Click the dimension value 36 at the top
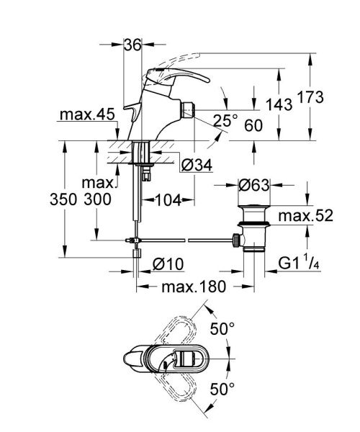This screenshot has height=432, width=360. [x=132, y=45]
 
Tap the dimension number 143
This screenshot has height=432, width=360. [x=278, y=104]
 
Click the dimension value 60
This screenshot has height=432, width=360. [x=253, y=125]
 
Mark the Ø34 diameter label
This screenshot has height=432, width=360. [x=197, y=166]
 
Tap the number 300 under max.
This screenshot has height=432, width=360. [x=97, y=199]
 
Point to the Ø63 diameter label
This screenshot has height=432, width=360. [x=253, y=186]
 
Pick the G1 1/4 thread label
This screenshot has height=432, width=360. [x=302, y=264]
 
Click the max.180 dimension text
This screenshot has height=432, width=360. [x=194, y=287]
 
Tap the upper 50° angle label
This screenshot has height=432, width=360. [x=222, y=330]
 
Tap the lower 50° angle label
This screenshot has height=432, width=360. [x=222, y=390]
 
